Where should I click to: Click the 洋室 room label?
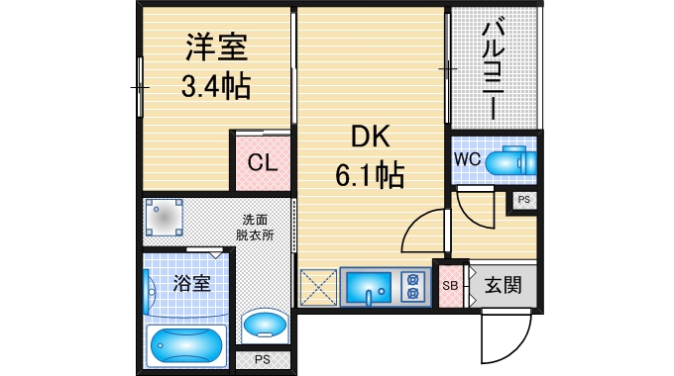coord(214,47)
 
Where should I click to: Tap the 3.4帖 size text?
coord(214,87)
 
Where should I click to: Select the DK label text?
coord(368,137)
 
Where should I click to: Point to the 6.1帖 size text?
coord(368,176)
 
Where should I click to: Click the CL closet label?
coord(262,163)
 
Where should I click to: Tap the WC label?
coord(468,158)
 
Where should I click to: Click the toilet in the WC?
coord(512,159)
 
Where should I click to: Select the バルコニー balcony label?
coord(493,66)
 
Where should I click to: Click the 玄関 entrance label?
coord(503,286)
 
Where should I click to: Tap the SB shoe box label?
coord(449,286)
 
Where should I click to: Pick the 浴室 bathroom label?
coord(191,283)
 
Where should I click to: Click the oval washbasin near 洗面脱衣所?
coord(265,324)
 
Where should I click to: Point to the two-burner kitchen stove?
coord(410,287)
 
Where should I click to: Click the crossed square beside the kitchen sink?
coord(317,287)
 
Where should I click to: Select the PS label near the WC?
coord(524,201)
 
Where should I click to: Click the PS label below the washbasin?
coord(263,359)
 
